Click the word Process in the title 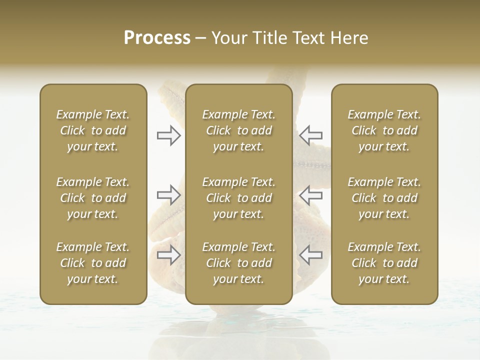click(157, 38)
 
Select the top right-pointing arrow click(168, 135)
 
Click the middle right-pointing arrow click(168, 194)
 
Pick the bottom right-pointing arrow click(168, 255)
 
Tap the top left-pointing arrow click(310, 135)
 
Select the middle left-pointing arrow click(310, 194)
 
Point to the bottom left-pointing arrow click(310, 255)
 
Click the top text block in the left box click(93, 130)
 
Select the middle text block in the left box click(93, 198)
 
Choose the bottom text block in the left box click(93, 263)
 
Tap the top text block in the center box click(238, 130)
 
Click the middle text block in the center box click(238, 198)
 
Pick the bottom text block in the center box click(238, 263)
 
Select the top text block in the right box click(384, 130)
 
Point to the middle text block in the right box click(384, 198)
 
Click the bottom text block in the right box click(384, 263)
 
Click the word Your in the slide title click(227, 38)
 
